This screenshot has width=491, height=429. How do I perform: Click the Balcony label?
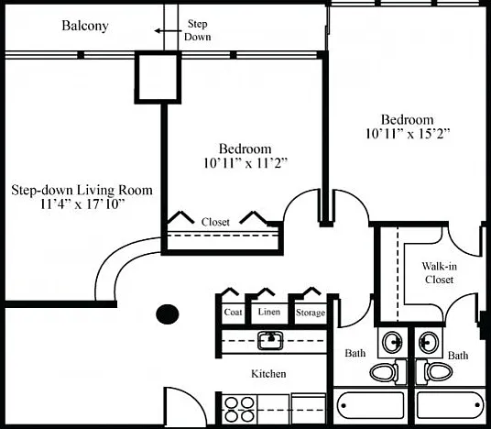pyautogui.click(x=85, y=26)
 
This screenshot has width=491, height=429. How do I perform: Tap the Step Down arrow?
pyautogui.click(x=168, y=31)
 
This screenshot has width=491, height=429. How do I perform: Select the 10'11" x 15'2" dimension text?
pyautogui.click(x=408, y=134)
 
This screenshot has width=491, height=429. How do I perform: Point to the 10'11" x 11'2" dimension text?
pyautogui.click(x=245, y=163)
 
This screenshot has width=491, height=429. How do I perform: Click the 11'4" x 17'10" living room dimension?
pyautogui.click(x=82, y=204)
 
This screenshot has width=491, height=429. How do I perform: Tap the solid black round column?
pyautogui.click(x=168, y=314)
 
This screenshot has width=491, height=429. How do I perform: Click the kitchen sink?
pyautogui.click(x=270, y=340)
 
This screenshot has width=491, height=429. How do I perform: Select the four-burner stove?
pyautogui.click(x=240, y=410)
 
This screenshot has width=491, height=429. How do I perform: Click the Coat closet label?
pyautogui.click(x=233, y=312)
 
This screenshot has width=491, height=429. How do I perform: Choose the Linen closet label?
pyautogui.click(x=269, y=312)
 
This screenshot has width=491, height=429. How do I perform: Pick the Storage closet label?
pyautogui.click(x=311, y=313)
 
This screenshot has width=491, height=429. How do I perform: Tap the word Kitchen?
pyautogui.click(x=268, y=373)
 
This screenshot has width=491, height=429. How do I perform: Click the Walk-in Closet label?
pyautogui.click(x=439, y=272)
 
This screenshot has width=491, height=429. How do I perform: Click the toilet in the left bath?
pyautogui.click(x=384, y=372)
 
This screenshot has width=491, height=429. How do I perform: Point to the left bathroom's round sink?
pyautogui.click(x=393, y=343)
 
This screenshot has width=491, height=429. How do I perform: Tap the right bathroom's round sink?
pyautogui.click(x=429, y=342)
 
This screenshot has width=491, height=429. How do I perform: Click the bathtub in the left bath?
pyautogui.click(x=370, y=405)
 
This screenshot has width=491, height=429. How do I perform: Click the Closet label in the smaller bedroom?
pyautogui.click(x=215, y=222)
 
